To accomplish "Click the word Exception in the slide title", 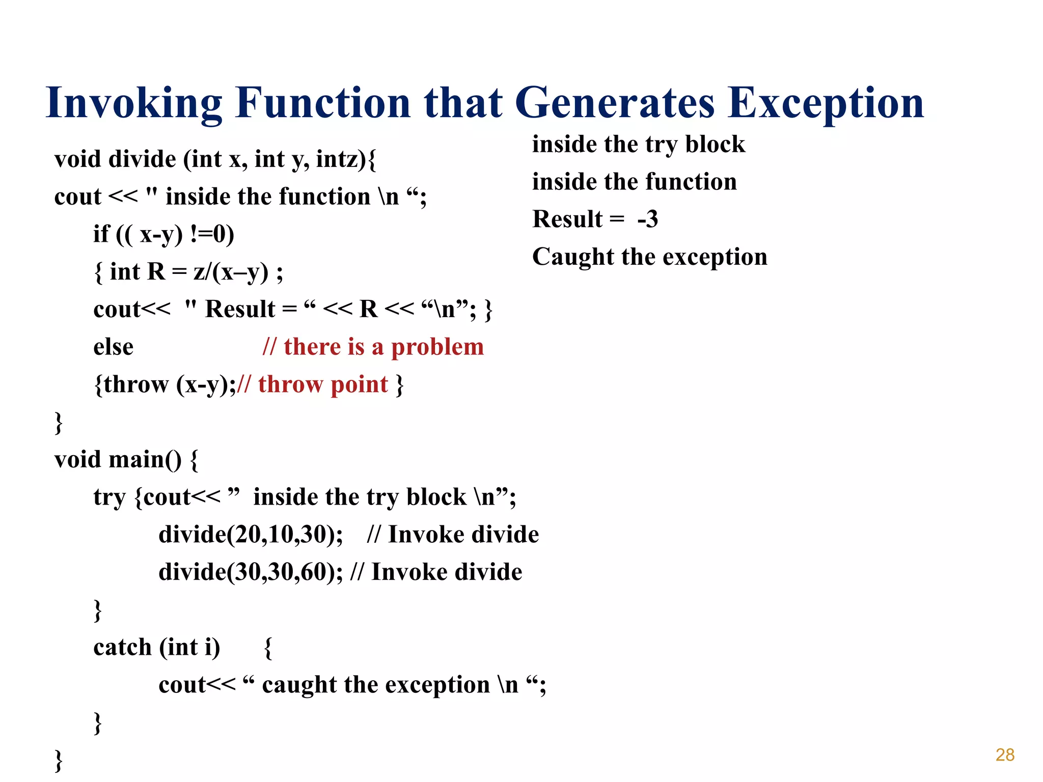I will [825, 103].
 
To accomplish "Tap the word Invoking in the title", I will [134, 103].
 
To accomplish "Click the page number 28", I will [1005, 755].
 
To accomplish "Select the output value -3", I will [647, 219].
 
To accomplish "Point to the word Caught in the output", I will [573, 257].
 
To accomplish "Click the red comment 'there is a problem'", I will [373, 347].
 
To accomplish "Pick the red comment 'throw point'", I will [322, 384].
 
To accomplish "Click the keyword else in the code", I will [113, 347].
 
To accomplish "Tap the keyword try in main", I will [109, 497].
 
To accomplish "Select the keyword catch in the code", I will [122, 648].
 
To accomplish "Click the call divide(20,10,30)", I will [251, 535].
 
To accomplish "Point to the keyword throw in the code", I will [135, 384].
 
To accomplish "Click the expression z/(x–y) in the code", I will [231, 272].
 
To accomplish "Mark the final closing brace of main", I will [59, 760].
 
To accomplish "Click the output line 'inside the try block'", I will [638, 145].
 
